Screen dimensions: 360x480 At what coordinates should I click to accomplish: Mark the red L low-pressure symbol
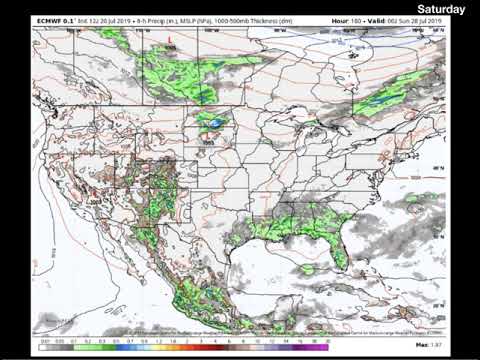click(170, 41)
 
